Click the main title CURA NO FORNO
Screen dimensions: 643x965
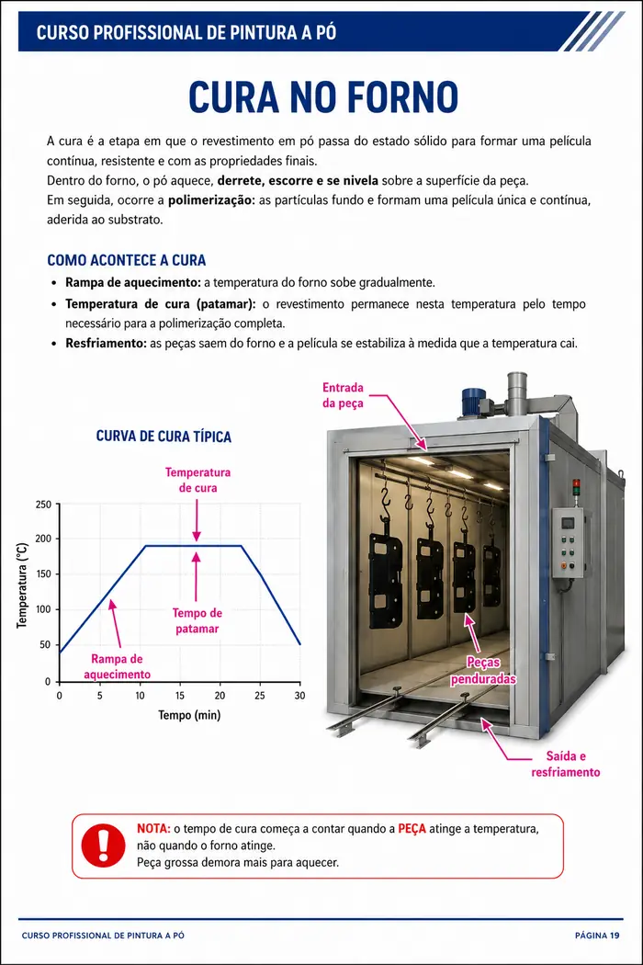pos(323,96)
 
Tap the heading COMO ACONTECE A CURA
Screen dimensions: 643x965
pos(126,260)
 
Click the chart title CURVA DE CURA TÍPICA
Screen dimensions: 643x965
pos(164,437)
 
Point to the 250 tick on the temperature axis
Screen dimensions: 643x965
pos(44,505)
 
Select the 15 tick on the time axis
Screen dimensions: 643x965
pos(180,696)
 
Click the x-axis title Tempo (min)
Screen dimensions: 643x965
pos(189,715)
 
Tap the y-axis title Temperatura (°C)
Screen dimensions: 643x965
pos(22,585)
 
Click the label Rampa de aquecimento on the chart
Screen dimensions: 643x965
pos(117,666)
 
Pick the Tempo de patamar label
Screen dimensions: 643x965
pos(197,621)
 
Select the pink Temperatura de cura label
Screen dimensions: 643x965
pos(197,480)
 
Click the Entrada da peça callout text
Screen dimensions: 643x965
pos(343,395)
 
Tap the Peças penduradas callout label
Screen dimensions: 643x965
pos(483,670)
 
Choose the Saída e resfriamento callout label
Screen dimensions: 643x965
pos(566,765)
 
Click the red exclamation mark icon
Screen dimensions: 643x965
pos(104,846)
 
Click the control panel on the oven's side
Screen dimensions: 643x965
pos(568,543)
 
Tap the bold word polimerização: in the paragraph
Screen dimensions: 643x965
pos(211,200)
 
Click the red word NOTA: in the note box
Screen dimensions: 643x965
pos(153,828)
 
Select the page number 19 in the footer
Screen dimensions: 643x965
pos(615,936)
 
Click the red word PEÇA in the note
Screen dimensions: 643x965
pos(412,829)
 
